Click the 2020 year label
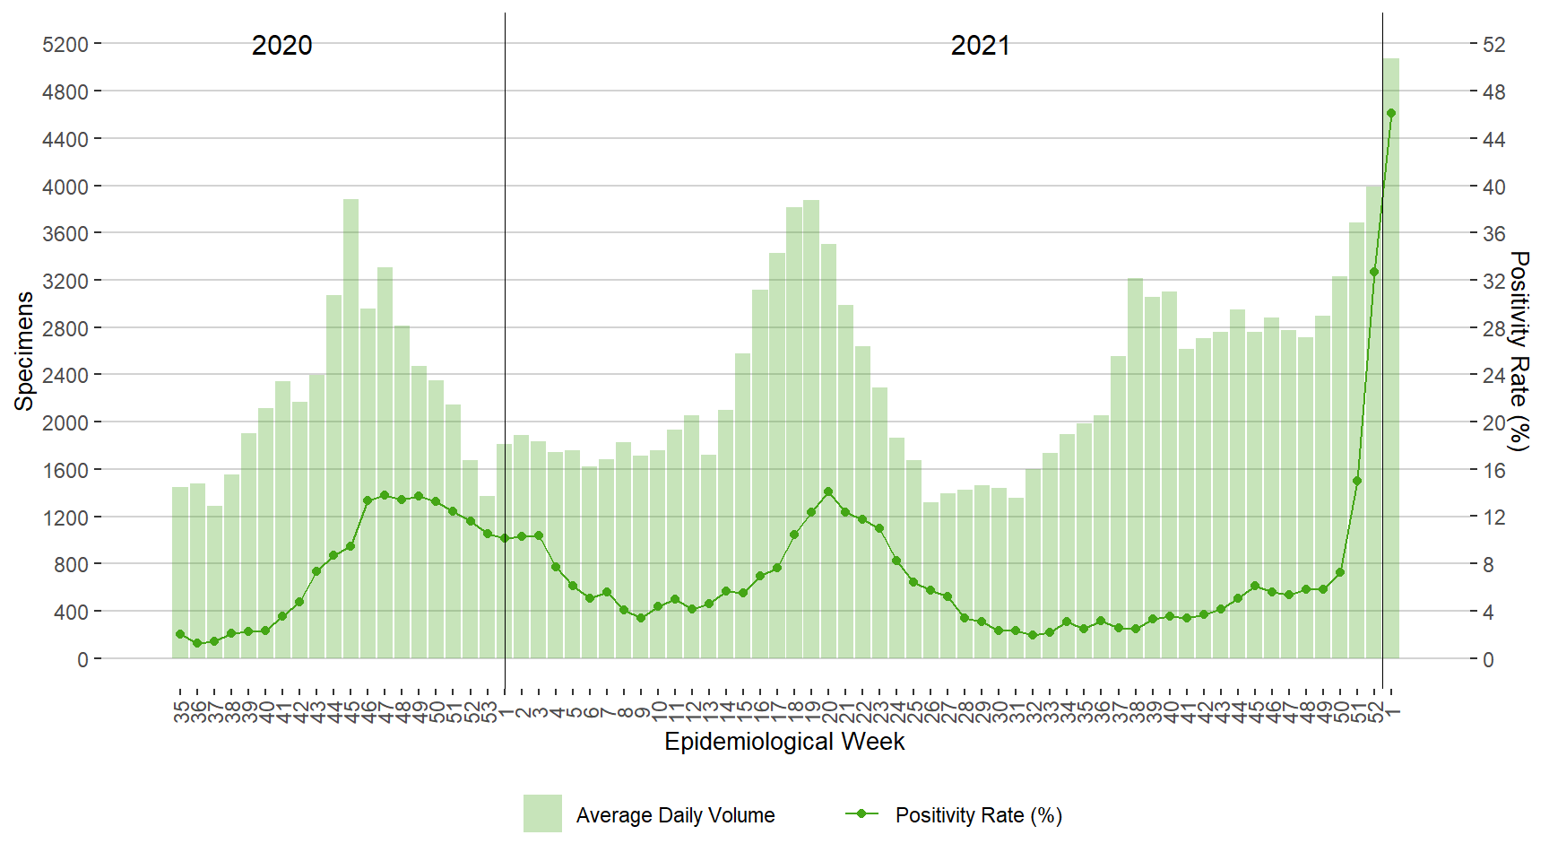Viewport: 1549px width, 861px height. pyautogui.click(x=281, y=46)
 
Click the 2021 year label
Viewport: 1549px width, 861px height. pyautogui.click(x=980, y=46)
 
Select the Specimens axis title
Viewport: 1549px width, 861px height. pyautogui.click(x=24, y=351)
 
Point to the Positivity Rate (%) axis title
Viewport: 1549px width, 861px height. pyautogui.click(x=1519, y=351)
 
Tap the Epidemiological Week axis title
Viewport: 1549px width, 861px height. pyautogui.click(x=784, y=742)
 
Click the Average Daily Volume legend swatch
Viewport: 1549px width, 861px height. pyautogui.click(x=542, y=813)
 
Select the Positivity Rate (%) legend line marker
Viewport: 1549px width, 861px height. pyautogui.click(x=861, y=813)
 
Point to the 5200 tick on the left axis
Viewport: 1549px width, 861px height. pyautogui.click(x=65, y=44)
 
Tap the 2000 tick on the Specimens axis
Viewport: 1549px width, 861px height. pyautogui.click(x=65, y=422)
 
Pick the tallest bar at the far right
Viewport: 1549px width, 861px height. pyautogui.click(x=1390, y=359)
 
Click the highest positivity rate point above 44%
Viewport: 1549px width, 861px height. pyautogui.click(x=1390, y=113)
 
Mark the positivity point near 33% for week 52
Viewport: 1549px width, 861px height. pyautogui.click(x=1373, y=272)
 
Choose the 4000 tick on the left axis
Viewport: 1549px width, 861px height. pyautogui.click(x=65, y=187)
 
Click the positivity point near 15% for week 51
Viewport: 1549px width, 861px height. pyautogui.click(x=1356, y=481)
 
